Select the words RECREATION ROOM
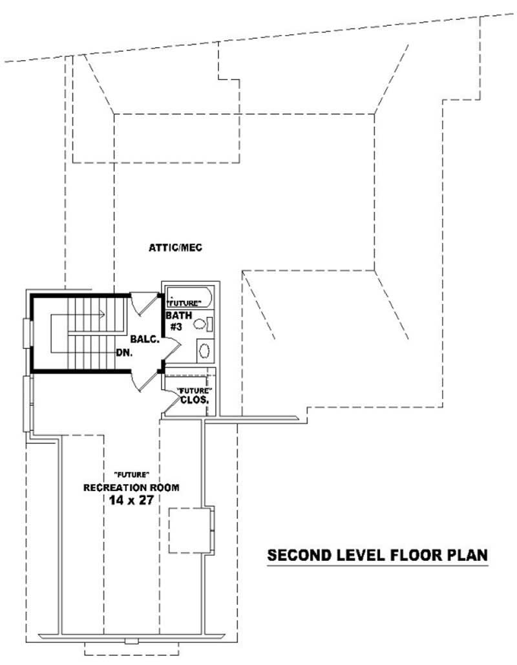click(131, 487)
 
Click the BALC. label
click(144, 339)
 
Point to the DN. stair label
click(125, 353)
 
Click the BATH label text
click(178, 315)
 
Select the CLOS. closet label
click(197, 400)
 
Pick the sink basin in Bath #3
click(205, 351)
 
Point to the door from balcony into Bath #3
click(169, 350)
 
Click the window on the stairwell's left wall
click(28, 333)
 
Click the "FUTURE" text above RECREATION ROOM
click(127, 475)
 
